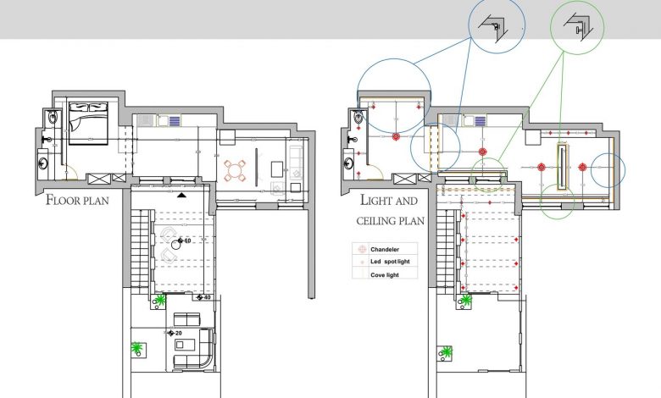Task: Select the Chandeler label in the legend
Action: (385, 249)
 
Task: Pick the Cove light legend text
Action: (385, 275)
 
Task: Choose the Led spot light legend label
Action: (390, 262)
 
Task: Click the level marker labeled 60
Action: (184, 240)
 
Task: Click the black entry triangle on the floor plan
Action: (181, 195)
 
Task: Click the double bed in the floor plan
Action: (88, 123)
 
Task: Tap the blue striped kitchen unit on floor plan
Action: (174, 121)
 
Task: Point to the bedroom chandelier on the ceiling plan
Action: (396, 136)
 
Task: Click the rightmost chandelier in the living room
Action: (582, 167)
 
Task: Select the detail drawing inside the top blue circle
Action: (493, 26)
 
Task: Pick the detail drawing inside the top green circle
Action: (579, 27)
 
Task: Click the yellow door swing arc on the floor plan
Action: (73, 173)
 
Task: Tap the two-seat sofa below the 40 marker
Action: (186, 319)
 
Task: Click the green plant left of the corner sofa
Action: (136, 348)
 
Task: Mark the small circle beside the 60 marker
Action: (176, 245)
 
